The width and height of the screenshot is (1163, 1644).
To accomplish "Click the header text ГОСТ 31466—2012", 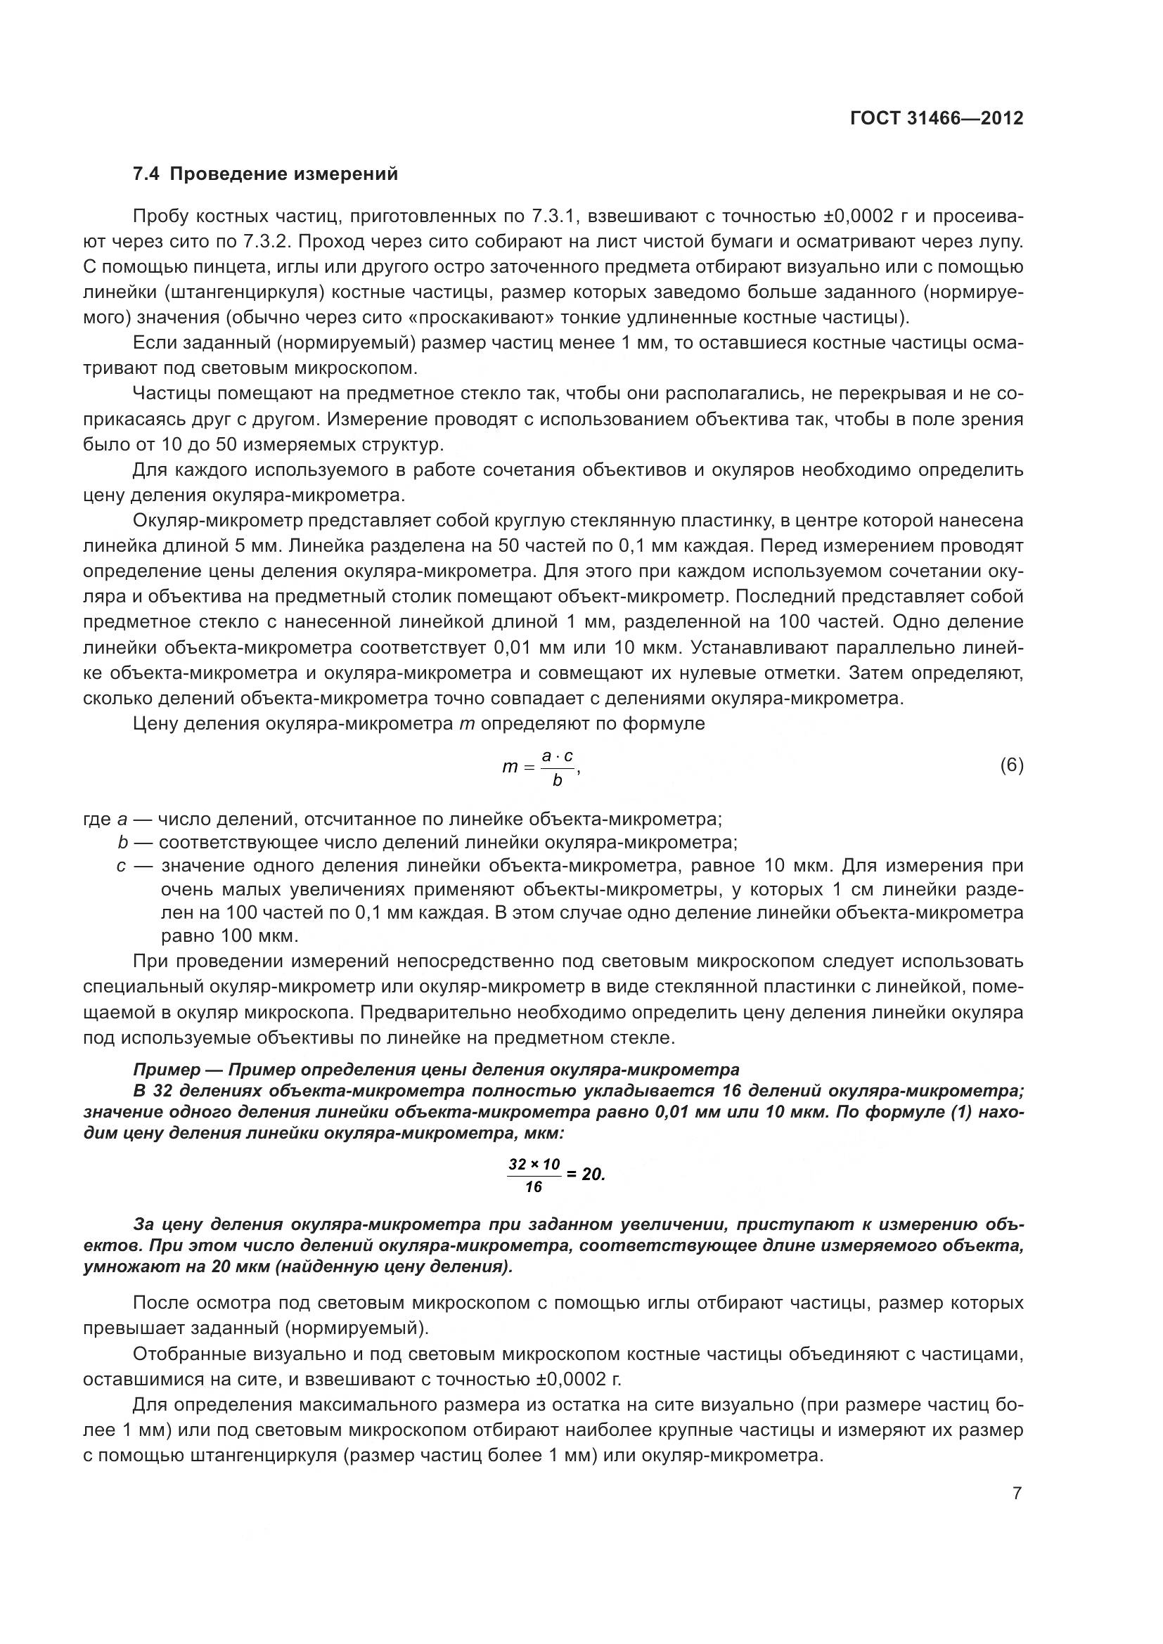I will [x=936, y=119].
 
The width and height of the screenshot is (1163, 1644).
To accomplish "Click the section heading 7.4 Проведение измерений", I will [x=265, y=174].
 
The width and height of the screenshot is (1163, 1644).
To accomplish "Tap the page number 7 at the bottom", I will [x=1017, y=1494].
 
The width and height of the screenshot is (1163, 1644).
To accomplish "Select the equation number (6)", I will [x=1011, y=765].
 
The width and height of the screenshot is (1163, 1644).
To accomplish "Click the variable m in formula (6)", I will [x=509, y=767].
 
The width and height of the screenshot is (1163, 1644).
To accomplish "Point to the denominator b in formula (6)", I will [x=557, y=780].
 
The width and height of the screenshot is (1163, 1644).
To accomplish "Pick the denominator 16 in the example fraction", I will [x=534, y=1187].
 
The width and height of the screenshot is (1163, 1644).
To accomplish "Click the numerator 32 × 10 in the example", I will [x=534, y=1164].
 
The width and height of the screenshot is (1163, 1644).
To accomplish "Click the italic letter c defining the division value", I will [x=121, y=866].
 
